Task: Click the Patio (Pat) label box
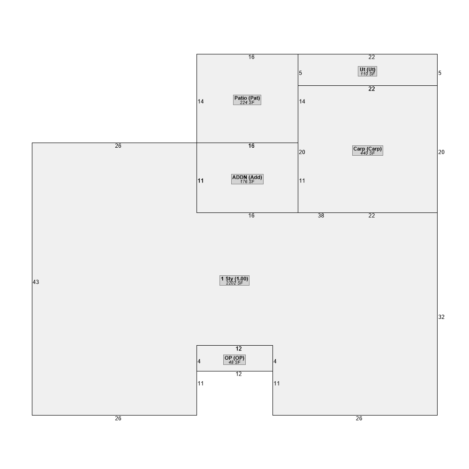pos(247,100)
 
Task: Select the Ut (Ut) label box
pos(367,71)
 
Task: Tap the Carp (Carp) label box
pos(368,151)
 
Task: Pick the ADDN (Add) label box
pos(247,179)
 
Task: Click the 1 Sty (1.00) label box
pos(234,280)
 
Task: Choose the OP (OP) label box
pos(234,360)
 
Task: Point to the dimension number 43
pos(36,282)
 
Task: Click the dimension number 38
pos(321,216)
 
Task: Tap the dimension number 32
pos(441,317)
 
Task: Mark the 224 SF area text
pos(247,103)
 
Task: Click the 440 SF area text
pos(368,153)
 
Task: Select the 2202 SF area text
pos(234,283)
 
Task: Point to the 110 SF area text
pos(368,74)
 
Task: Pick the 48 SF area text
pos(234,363)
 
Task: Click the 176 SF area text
pos(247,182)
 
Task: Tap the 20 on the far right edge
pos(441,152)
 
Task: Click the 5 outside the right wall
pos(440,73)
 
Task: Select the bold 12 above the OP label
pos(239,349)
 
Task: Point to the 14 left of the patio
pos(201,102)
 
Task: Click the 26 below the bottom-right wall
pos(359,418)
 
